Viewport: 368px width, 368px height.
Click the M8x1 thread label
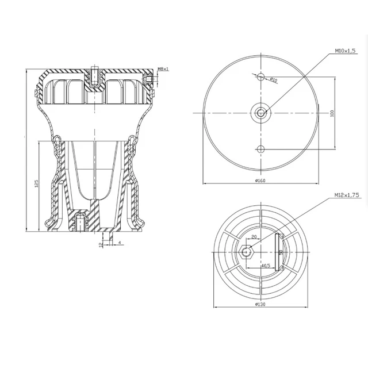(163, 70)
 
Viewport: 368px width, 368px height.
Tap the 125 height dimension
(36, 184)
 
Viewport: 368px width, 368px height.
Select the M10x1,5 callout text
(345, 51)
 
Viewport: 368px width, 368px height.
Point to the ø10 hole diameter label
(274, 79)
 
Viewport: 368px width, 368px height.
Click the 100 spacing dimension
(332, 113)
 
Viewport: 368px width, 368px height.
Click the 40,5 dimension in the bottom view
(265, 266)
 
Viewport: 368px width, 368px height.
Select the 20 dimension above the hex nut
(254, 237)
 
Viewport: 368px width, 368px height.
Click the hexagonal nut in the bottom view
(247, 251)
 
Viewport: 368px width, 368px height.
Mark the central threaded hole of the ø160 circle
(262, 113)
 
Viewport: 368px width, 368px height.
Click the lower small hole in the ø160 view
(262, 149)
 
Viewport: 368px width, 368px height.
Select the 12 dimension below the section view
(100, 244)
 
